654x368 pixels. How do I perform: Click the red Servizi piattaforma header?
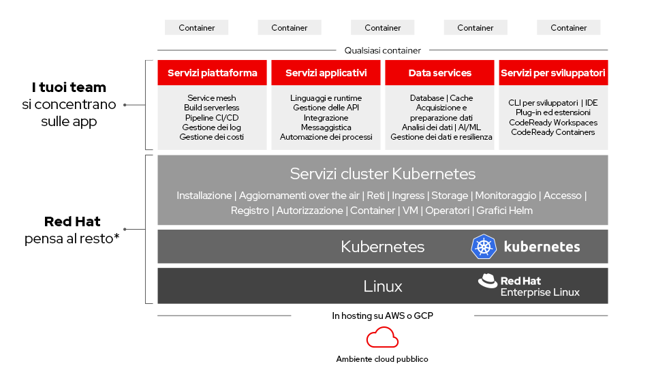coord(213,73)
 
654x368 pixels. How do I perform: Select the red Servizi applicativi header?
coord(326,73)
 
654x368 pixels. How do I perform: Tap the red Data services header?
coord(440,73)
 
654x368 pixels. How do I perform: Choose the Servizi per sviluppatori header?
coord(553,73)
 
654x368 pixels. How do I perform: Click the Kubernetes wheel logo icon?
coord(484,247)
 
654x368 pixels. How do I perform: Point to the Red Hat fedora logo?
coord(487,281)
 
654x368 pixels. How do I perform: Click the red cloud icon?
coord(382,337)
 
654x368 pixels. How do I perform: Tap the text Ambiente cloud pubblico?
coord(382,359)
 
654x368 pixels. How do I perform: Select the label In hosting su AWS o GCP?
coord(382,316)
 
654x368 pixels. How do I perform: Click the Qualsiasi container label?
coord(382,50)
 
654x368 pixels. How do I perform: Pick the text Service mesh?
coord(212,98)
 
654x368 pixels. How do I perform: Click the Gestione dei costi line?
coord(212,137)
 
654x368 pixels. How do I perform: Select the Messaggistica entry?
coord(326,127)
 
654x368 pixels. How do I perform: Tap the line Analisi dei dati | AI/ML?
coord(441,127)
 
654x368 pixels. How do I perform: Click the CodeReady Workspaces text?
coord(553,123)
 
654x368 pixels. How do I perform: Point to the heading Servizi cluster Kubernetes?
coord(382,174)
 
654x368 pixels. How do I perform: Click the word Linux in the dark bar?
coord(383,286)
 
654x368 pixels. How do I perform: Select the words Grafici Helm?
coord(505,211)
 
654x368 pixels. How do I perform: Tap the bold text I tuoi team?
coord(69,88)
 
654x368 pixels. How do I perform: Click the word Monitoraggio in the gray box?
coord(505,196)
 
